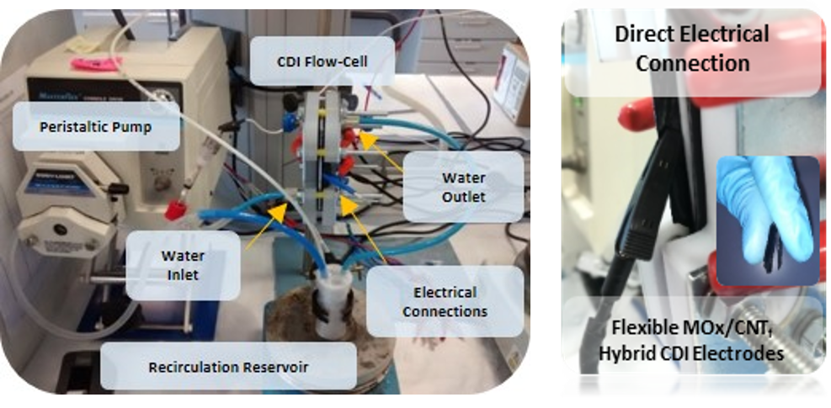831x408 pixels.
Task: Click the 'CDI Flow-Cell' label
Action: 322,61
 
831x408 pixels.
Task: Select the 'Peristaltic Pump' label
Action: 100,127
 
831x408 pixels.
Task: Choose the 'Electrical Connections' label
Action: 445,302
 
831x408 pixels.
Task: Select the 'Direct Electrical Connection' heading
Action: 692,48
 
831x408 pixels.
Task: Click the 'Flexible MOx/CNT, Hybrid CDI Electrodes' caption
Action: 691,339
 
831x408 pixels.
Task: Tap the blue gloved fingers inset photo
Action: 766,220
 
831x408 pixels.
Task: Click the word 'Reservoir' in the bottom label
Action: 273,368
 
